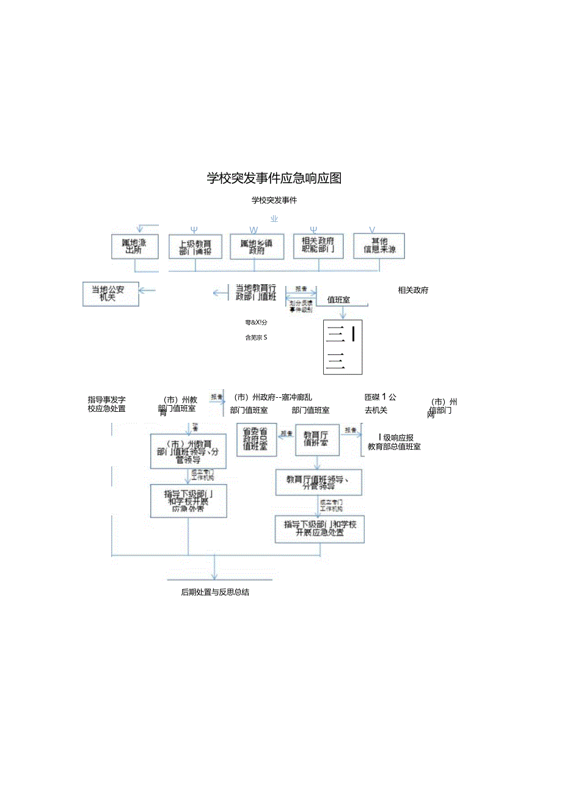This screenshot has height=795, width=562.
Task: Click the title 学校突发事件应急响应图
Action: [x=274, y=178]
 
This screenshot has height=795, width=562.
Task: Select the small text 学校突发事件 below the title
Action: [x=274, y=200]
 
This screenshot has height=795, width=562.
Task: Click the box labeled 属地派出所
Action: [x=134, y=247]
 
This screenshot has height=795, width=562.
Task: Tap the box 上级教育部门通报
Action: [x=195, y=247]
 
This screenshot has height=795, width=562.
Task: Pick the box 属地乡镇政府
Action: [x=256, y=247]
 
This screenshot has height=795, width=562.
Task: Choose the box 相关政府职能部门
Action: [x=318, y=246]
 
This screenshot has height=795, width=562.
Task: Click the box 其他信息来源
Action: [x=379, y=246]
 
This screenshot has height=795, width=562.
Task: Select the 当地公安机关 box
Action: [x=111, y=293]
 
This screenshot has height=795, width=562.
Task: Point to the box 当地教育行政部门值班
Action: [x=256, y=292]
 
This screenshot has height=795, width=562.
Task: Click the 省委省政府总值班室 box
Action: [x=256, y=439]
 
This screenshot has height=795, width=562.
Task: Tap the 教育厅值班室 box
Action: [x=317, y=439]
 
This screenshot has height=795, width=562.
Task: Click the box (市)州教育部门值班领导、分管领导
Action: [x=188, y=452]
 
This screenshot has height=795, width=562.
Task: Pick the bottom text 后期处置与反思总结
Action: [x=215, y=593]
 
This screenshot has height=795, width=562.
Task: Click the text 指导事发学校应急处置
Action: [x=107, y=404]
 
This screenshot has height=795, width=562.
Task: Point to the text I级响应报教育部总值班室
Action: [x=394, y=442]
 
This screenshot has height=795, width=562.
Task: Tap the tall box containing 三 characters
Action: [x=343, y=346]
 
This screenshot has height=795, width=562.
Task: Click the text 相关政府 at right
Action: [x=413, y=290]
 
